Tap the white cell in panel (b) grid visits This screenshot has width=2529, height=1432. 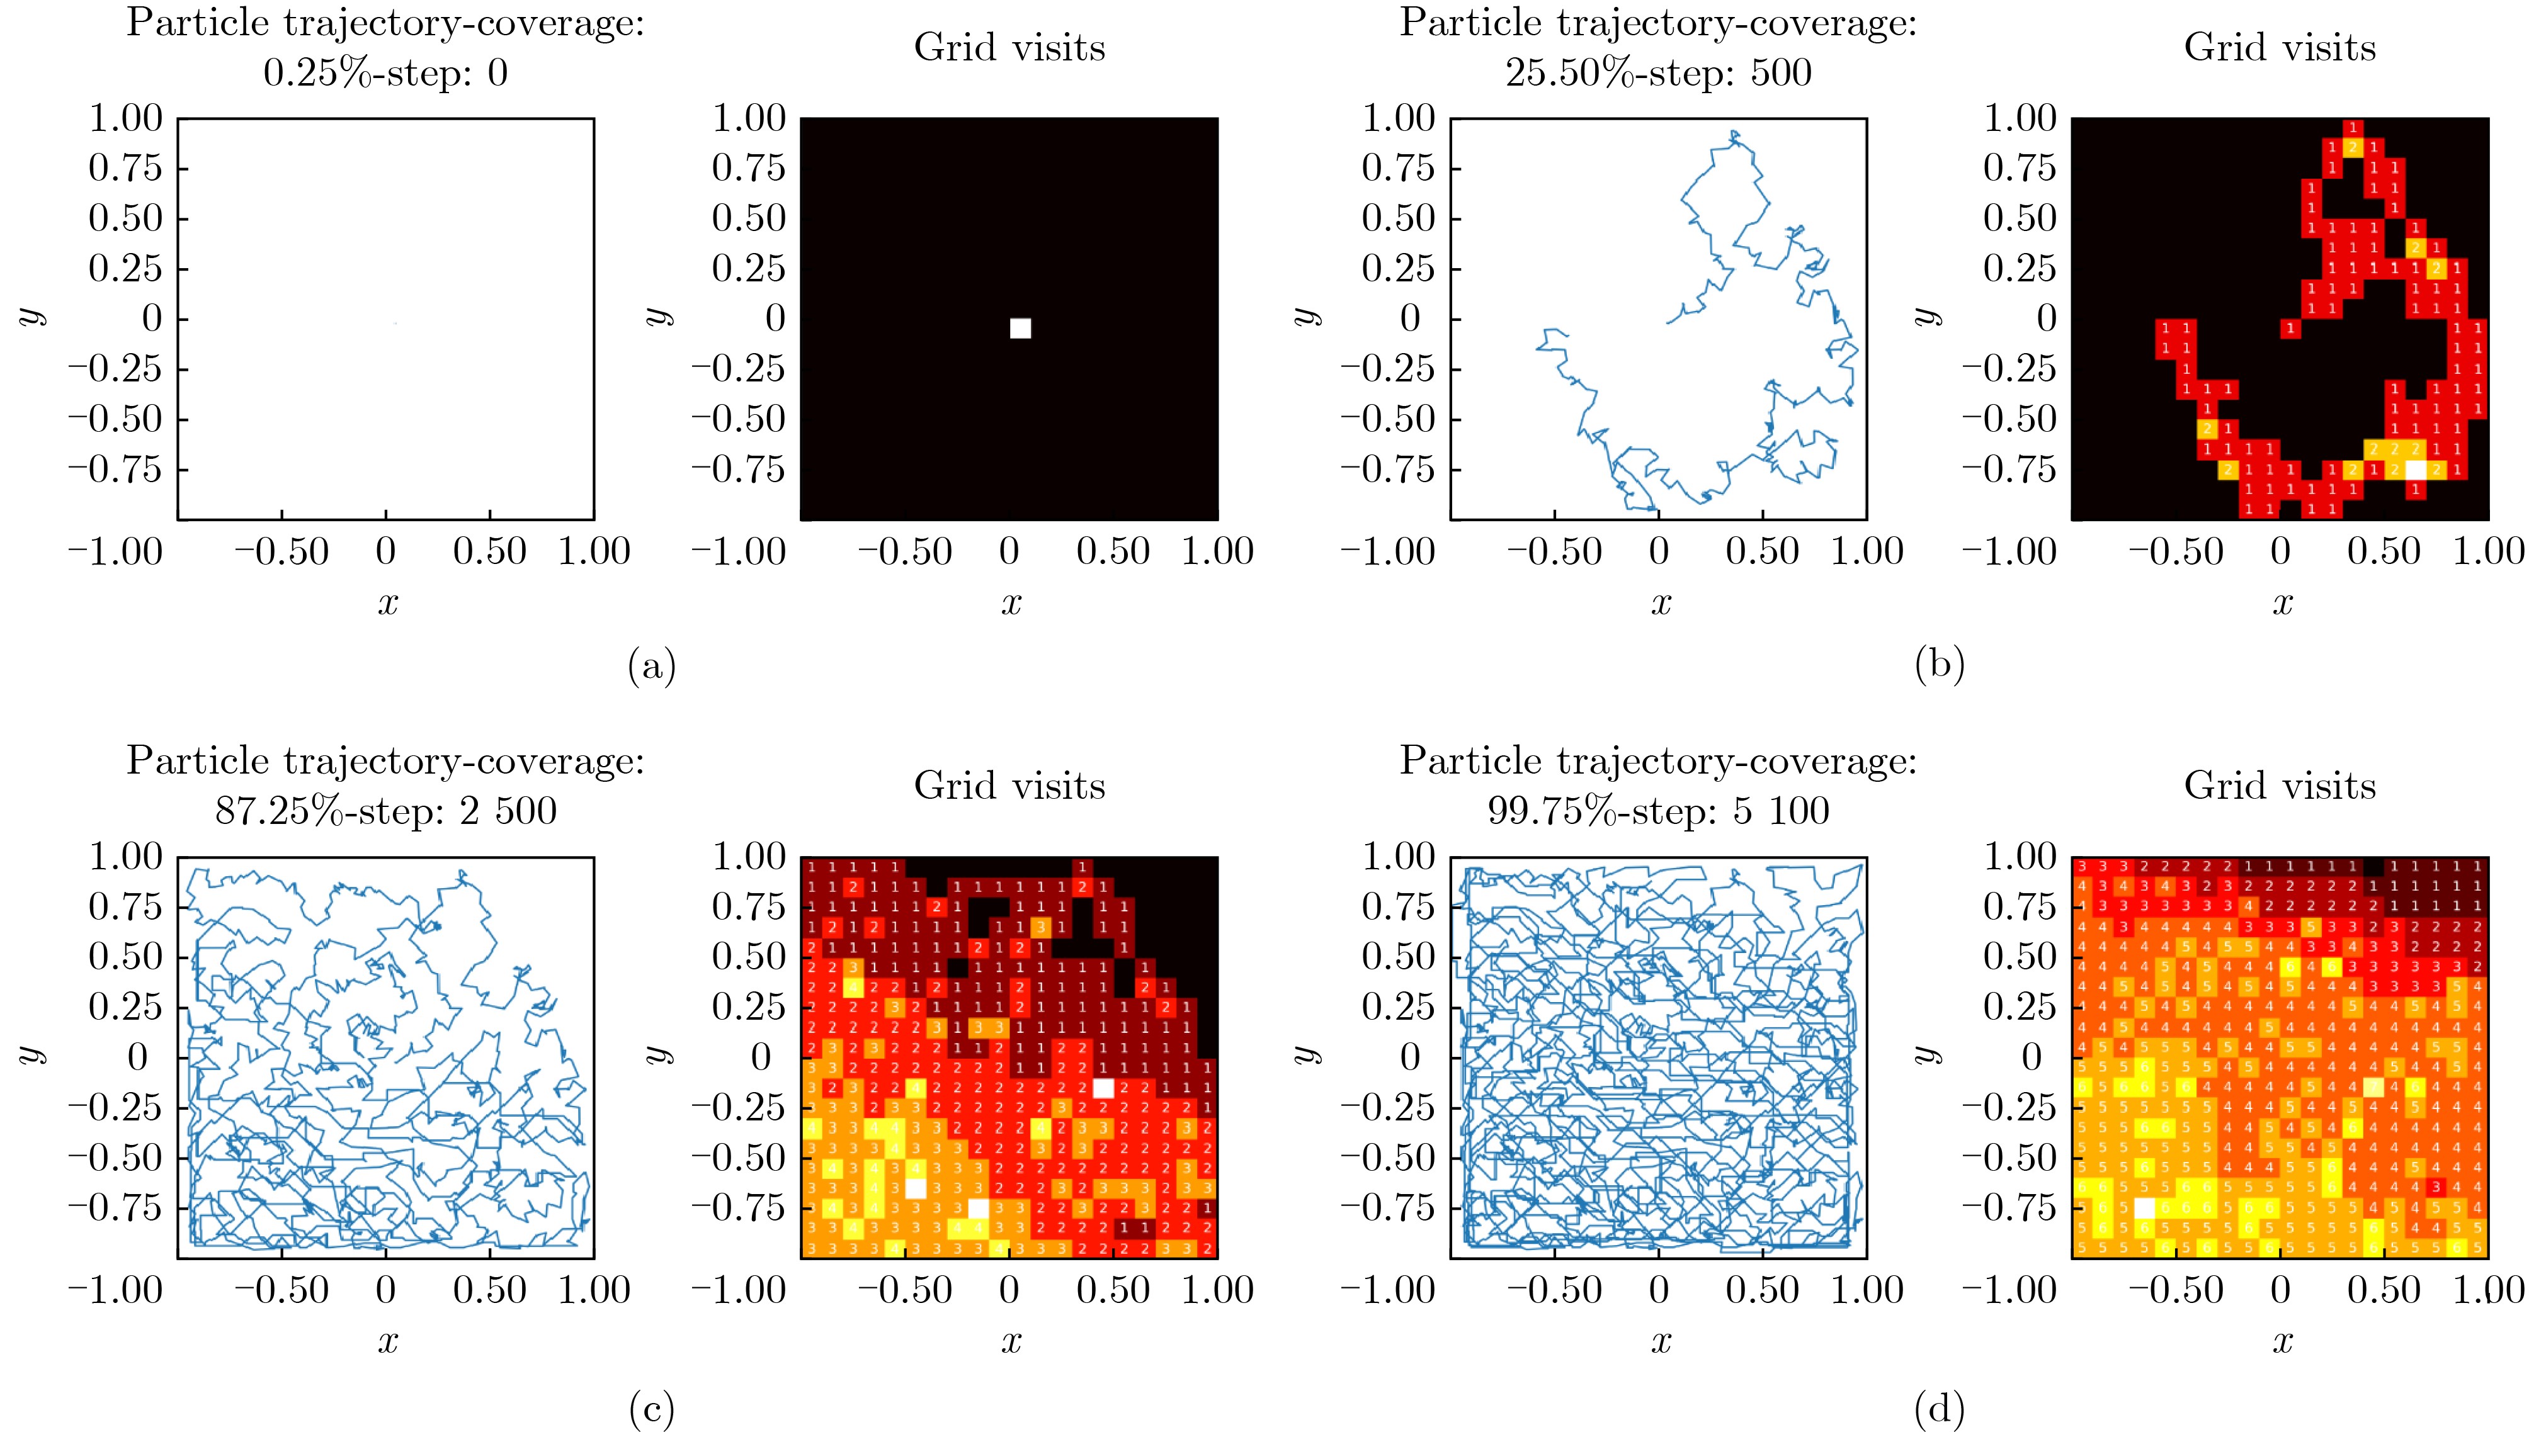[x=2416, y=470]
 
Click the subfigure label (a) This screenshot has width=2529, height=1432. [x=651, y=668]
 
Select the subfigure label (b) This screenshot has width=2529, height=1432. [x=1939, y=668]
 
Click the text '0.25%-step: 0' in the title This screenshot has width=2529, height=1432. [x=385, y=74]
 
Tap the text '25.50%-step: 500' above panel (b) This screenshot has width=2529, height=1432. [x=1659, y=74]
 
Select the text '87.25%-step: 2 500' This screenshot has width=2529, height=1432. [x=385, y=811]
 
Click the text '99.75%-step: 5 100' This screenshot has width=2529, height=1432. [x=1659, y=811]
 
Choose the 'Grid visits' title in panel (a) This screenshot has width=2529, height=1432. [x=1009, y=47]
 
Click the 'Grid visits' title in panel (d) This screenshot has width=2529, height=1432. [x=2280, y=785]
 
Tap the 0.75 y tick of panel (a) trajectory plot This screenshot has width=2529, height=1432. [x=124, y=168]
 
